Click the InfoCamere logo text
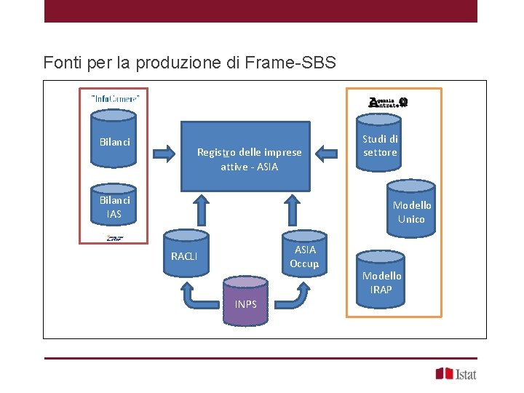[115, 98]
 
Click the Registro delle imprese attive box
[249, 156]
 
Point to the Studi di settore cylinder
[380, 143]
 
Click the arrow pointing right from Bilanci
[164, 154]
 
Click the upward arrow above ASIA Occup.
[293, 210]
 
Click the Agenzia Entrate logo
[388, 103]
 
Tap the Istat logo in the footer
[456, 373]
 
